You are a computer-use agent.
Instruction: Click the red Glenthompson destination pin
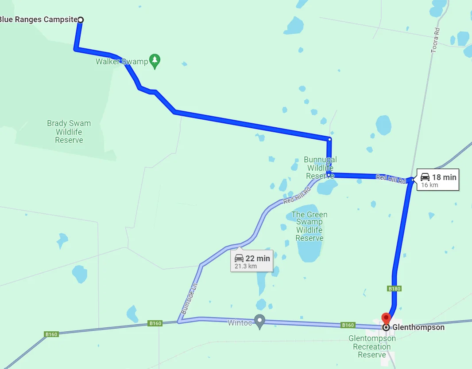click(386, 318)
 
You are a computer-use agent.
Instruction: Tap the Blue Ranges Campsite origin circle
click(80, 20)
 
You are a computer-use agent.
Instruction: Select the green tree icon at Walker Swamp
click(155, 61)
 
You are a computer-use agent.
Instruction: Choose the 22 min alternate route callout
click(251, 261)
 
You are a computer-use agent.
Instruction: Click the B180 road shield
click(394, 289)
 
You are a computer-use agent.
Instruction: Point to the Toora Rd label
click(436, 41)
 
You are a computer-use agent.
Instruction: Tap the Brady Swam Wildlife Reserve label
click(69, 132)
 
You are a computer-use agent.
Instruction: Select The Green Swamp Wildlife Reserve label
click(310, 226)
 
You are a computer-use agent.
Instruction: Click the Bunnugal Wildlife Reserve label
click(320, 168)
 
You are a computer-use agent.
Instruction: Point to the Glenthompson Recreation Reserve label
click(372, 346)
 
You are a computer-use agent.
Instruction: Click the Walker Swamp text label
click(122, 62)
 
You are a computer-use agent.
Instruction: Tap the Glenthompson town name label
click(418, 327)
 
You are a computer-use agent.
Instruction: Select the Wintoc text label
click(240, 323)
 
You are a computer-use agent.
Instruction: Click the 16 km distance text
click(429, 185)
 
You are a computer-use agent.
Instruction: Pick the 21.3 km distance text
click(246, 266)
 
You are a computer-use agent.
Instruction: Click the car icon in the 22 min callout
click(239, 258)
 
